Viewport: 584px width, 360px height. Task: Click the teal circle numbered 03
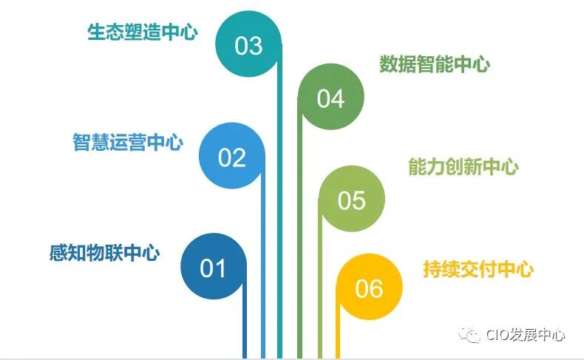(248, 45)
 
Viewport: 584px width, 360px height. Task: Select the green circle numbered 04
(330, 98)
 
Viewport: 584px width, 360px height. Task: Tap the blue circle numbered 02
(231, 157)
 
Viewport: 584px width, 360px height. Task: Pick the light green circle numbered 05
(352, 200)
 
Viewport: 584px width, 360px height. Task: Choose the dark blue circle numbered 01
(213, 267)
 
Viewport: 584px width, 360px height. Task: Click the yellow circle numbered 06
(369, 288)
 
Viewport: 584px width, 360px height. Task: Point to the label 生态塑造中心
(143, 33)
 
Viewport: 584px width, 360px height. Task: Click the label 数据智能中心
(435, 64)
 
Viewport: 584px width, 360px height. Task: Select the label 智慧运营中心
(128, 142)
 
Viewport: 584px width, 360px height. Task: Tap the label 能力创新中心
(464, 166)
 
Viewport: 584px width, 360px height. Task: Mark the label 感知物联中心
(105, 253)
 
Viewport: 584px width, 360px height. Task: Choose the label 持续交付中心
(478, 269)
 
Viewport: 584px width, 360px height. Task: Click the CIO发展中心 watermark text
(526, 335)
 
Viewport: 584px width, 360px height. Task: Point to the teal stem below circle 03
(279, 222)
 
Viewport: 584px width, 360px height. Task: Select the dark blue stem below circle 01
(245, 325)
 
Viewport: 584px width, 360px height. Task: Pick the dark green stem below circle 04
(300, 244)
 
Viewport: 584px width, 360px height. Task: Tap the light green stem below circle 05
(320, 296)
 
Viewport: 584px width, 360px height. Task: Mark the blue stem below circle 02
(262, 281)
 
